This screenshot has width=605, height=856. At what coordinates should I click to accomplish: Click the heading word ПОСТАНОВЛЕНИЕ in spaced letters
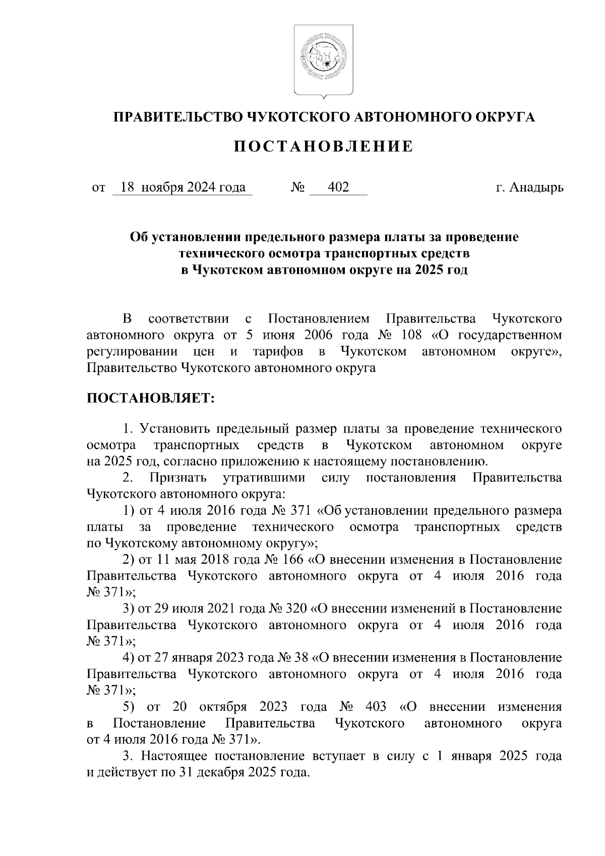pyautogui.click(x=323, y=147)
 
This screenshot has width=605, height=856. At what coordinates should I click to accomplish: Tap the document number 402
pyautogui.click(x=338, y=188)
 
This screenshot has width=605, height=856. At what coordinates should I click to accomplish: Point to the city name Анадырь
pyautogui.click(x=537, y=188)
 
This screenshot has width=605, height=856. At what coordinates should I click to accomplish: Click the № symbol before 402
pyautogui.click(x=298, y=188)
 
